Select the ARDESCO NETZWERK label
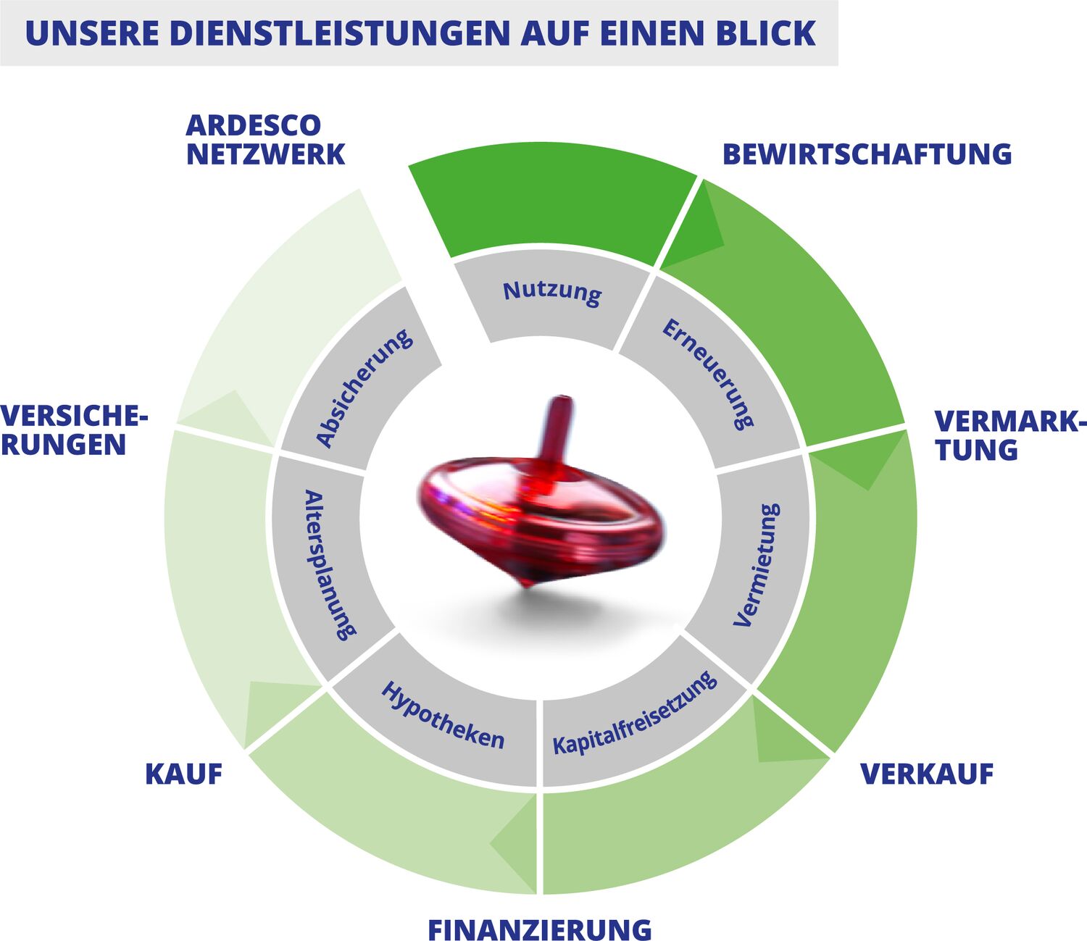click(265, 140)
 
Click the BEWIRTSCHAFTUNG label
click(867, 154)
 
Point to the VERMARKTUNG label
click(1009, 435)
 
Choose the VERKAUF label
click(927, 774)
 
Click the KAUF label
click(183, 774)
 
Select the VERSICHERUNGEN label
click(74, 430)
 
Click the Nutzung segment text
click(552, 293)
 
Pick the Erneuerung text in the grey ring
click(708, 375)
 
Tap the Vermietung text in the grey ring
click(757, 565)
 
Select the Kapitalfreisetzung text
click(635, 714)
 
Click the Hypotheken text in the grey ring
click(443, 716)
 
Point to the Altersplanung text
click(330, 565)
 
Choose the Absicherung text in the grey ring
click(364, 388)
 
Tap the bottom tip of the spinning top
click(528, 585)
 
